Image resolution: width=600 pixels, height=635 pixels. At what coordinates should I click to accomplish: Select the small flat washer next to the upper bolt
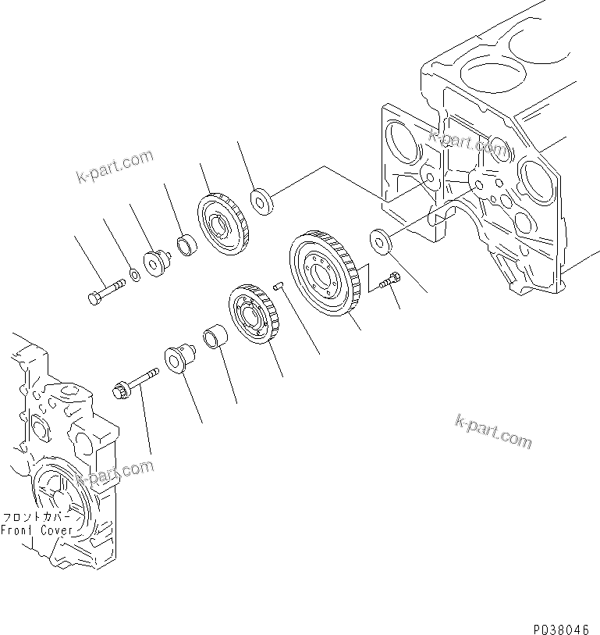click(x=134, y=275)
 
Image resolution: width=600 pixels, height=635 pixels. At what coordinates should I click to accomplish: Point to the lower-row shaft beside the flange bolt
click(x=177, y=359)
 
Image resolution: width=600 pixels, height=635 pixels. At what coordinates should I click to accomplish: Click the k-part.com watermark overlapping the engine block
click(x=468, y=141)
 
